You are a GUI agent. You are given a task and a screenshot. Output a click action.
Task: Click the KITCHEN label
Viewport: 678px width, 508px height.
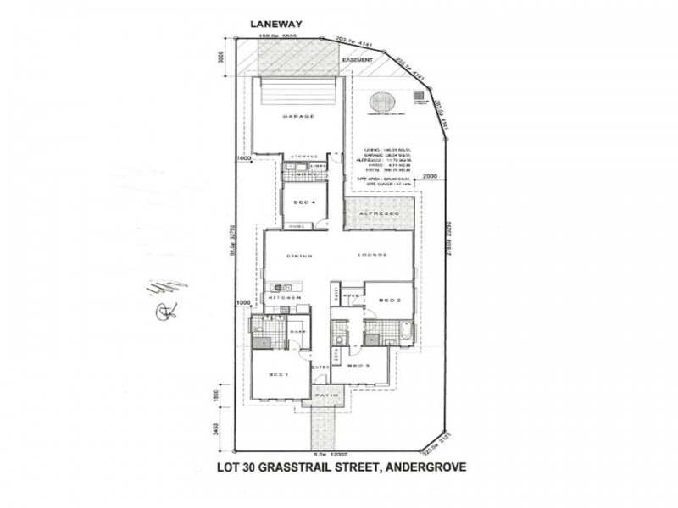pyautogui.click(x=286, y=299)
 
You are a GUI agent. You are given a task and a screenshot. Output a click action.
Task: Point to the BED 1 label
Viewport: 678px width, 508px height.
pyautogui.click(x=280, y=373)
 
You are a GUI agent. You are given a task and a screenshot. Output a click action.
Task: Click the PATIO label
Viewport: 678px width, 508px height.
pyautogui.click(x=326, y=395)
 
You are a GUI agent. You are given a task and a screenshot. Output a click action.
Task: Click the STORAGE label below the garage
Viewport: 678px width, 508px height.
pyautogui.click(x=304, y=157)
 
